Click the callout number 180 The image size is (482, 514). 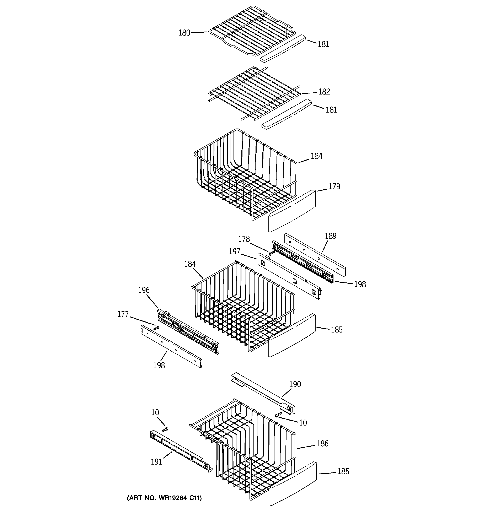[184, 33]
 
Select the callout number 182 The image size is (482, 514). [324, 92]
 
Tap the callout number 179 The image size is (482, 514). [334, 186]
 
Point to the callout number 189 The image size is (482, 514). [330, 236]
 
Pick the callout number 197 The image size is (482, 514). [234, 251]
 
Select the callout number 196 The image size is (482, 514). [144, 290]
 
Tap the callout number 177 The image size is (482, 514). [123, 314]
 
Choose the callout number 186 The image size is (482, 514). [322, 443]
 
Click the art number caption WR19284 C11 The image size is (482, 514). [164, 498]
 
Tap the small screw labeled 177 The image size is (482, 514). [156, 328]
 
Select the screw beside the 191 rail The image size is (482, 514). [165, 429]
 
